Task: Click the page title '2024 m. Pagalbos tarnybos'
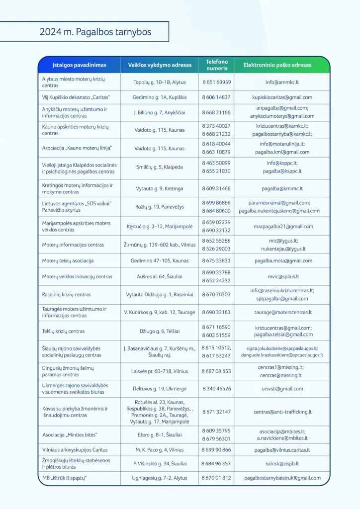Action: tap(95, 32)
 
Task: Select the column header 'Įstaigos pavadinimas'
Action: tap(79, 65)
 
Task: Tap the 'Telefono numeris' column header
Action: tap(216, 65)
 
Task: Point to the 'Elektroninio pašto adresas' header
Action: tap(277, 65)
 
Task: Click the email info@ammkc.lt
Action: tap(282, 82)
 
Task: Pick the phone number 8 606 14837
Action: tap(216, 97)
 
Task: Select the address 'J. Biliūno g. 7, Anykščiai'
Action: tap(159, 113)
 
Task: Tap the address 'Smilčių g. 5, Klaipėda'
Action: tap(159, 167)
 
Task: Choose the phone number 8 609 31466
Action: tap(216, 189)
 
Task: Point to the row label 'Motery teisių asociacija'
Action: tap(68, 260)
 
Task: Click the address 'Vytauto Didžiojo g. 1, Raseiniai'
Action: tap(159, 294)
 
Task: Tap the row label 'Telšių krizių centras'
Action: tap(64, 331)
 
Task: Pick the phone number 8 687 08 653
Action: tap(216, 371)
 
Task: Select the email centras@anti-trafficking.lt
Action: tap(282, 412)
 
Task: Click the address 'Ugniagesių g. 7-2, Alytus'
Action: tap(159, 478)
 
